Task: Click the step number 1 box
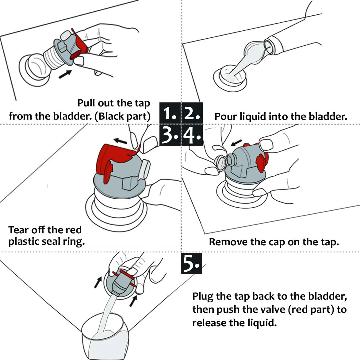(x=170, y=113)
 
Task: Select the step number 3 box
(x=170, y=135)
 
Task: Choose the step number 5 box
(x=192, y=263)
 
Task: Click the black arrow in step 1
(x=65, y=74)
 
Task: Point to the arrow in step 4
(x=236, y=142)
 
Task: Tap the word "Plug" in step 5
(x=203, y=297)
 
